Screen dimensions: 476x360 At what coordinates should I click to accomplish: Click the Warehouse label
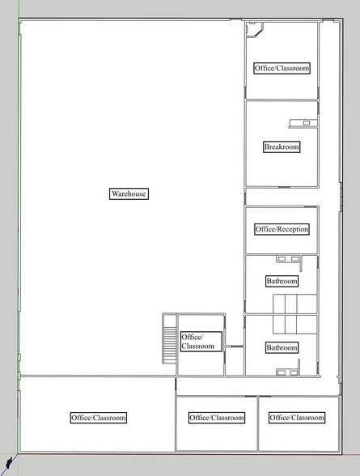point(130,193)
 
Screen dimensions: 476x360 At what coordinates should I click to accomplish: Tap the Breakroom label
point(282,147)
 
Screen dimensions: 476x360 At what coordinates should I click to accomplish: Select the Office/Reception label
point(282,229)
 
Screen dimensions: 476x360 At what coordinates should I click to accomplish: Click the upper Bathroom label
point(282,282)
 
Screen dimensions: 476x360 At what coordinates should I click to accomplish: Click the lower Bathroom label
point(282,347)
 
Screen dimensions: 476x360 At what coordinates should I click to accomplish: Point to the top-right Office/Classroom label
point(282,68)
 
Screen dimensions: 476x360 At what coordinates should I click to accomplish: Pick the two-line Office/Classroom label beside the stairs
point(198,341)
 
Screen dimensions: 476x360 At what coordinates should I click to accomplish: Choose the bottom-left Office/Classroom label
point(99,418)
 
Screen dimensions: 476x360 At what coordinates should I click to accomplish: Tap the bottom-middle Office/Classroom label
point(217,418)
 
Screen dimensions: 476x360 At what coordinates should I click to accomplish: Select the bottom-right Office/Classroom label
point(297,418)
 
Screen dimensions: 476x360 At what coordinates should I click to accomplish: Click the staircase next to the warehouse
point(169,340)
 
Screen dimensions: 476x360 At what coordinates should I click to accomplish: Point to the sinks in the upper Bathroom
point(288,260)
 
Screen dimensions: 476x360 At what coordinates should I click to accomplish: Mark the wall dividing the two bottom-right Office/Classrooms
point(257,423)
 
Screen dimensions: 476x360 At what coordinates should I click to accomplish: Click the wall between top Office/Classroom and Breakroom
point(282,100)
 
